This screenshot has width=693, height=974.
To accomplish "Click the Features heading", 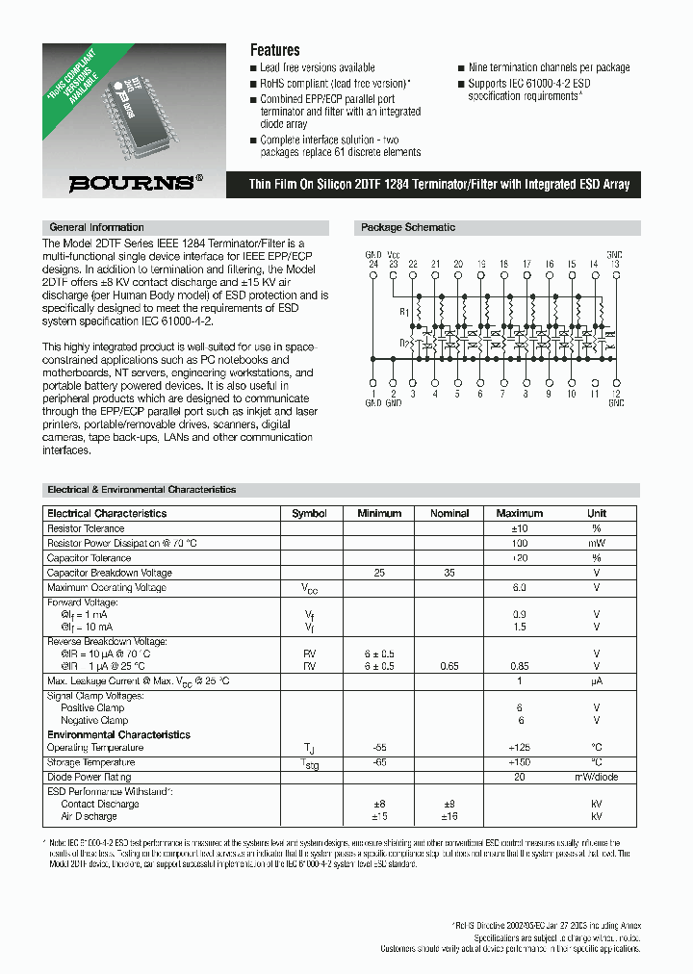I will [274, 50].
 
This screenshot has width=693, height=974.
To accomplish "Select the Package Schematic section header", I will [407, 228].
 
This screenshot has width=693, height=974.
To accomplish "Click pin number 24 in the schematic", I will [372, 263].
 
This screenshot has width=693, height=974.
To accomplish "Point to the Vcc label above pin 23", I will [393, 255].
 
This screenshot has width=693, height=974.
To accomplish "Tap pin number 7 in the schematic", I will [502, 394].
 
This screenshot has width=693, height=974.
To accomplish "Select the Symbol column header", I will [309, 513].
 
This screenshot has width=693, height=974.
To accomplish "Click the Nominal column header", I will [449, 513].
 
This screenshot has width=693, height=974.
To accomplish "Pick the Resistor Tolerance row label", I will [86, 528].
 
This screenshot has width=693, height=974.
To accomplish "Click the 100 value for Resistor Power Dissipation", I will [520, 543].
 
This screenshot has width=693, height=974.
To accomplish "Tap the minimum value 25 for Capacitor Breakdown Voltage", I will [379, 573].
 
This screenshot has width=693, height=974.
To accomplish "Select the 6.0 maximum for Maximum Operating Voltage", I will [519, 587].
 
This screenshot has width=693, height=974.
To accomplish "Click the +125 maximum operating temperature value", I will [520, 748].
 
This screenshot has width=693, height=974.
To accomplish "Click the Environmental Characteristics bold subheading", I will [118, 734].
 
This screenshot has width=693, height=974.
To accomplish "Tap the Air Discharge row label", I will [89, 816].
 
